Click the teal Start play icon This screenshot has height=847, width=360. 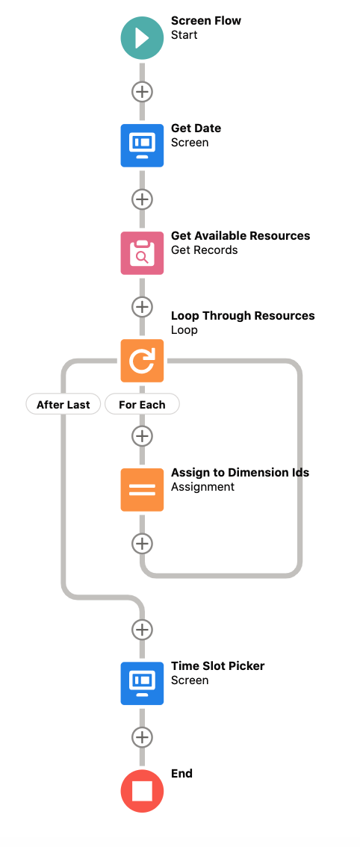point(142,38)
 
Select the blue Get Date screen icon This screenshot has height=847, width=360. point(142,146)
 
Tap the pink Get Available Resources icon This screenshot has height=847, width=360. point(142,252)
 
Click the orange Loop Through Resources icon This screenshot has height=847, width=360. point(142,360)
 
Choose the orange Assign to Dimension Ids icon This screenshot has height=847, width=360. point(142,489)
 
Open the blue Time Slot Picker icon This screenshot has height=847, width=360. point(142,683)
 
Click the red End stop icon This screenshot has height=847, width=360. point(142,791)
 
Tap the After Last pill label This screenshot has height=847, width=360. point(63,404)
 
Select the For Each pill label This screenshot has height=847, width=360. point(142,404)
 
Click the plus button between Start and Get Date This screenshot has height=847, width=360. point(142,92)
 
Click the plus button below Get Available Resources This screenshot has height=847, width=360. point(142,307)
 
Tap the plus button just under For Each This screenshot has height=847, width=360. point(142,435)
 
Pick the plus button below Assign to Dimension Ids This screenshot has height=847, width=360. point(142,544)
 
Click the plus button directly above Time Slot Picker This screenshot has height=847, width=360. point(142,630)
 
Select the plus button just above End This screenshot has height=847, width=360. point(142,736)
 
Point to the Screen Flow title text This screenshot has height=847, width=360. point(206,21)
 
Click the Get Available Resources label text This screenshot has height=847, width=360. point(240,236)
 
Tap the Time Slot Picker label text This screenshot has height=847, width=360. point(218,666)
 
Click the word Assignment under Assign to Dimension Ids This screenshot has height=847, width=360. point(202,487)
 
